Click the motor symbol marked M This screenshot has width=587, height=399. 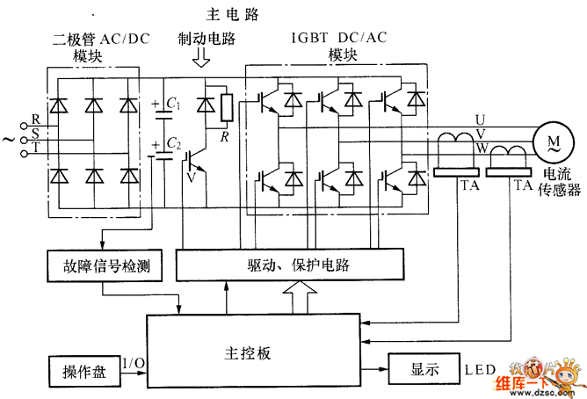point(553,141)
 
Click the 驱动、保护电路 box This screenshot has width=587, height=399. point(290,264)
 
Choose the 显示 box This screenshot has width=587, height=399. point(424,368)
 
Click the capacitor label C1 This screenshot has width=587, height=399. point(174,105)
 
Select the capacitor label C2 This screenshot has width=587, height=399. point(174,143)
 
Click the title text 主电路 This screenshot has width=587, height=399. point(234,13)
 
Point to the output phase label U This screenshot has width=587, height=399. point(480,119)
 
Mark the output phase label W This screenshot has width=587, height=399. point(480,148)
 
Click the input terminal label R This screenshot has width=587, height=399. point(35,119)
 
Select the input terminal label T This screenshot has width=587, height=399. point(35,148)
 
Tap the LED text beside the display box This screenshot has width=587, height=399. point(480,368)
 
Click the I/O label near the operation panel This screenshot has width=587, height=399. point(134,362)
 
